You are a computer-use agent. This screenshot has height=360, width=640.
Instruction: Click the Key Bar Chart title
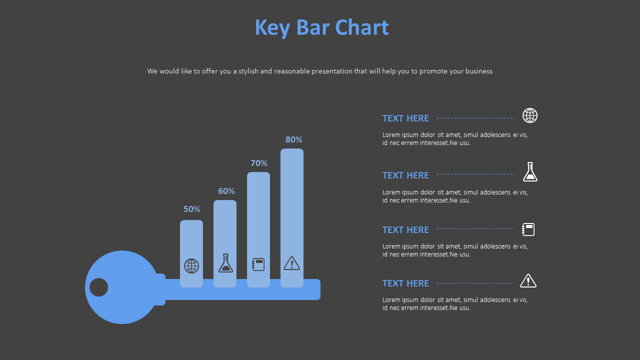[x=321, y=27]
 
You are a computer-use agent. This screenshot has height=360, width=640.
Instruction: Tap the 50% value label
[x=192, y=209]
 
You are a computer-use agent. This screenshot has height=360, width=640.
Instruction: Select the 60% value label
[x=226, y=191]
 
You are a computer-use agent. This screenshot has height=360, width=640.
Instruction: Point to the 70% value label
[x=259, y=163]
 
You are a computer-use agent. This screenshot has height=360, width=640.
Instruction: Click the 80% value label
[x=294, y=139]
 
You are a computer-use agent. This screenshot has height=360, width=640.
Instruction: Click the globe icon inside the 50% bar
[x=191, y=266]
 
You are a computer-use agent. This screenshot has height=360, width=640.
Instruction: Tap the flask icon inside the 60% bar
[x=225, y=263]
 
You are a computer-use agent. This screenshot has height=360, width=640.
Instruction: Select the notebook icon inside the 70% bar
[x=258, y=264]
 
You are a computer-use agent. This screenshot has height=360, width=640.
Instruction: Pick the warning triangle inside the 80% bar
[x=291, y=263]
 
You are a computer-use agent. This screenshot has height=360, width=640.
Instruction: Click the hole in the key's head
[x=99, y=287]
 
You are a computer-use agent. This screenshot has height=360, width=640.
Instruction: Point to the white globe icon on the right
[x=530, y=115]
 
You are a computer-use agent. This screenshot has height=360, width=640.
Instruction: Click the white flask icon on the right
[x=530, y=172]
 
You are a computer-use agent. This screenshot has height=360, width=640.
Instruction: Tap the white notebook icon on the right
[x=528, y=229]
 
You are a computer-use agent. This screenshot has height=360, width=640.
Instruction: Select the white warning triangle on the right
[x=528, y=281]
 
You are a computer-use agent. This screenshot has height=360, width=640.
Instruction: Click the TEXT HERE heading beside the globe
[x=405, y=118]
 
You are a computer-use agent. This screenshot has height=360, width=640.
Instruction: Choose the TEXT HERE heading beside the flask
[x=405, y=175]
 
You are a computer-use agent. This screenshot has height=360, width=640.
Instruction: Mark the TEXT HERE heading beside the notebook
[x=405, y=230]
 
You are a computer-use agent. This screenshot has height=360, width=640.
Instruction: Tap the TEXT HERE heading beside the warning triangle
[x=405, y=283]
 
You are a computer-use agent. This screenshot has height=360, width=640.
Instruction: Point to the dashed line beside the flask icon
[x=475, y=174]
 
